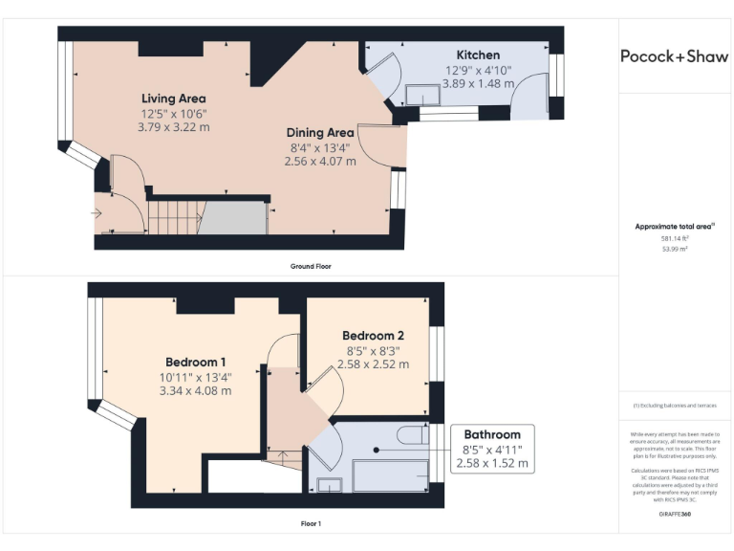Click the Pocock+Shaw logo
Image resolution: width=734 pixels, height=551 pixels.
point(675,56)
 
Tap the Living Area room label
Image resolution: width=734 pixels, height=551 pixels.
point(173,99)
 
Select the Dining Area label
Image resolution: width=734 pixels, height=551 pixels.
point(321,133)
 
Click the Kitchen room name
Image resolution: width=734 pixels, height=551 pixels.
point(478,55)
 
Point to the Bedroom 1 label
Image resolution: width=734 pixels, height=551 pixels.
point(196,362)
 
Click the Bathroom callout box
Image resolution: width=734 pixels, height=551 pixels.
point(492,449)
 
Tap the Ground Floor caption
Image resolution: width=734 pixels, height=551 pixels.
point(310,266)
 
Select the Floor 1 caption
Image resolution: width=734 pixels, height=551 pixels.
point(310,523)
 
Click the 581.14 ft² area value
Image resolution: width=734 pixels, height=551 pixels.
point(675,238)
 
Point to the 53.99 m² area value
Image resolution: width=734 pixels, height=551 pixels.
point(675,249)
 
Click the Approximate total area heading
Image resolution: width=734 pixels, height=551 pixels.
point(675,226)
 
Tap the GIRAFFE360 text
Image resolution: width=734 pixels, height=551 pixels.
point(675,515)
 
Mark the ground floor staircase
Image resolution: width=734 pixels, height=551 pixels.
point(174,217)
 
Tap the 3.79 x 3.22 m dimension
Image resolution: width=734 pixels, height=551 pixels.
point(173,126)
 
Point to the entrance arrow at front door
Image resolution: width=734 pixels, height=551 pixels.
point(97,212)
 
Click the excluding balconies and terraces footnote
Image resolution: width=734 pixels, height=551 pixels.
point(675,406)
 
